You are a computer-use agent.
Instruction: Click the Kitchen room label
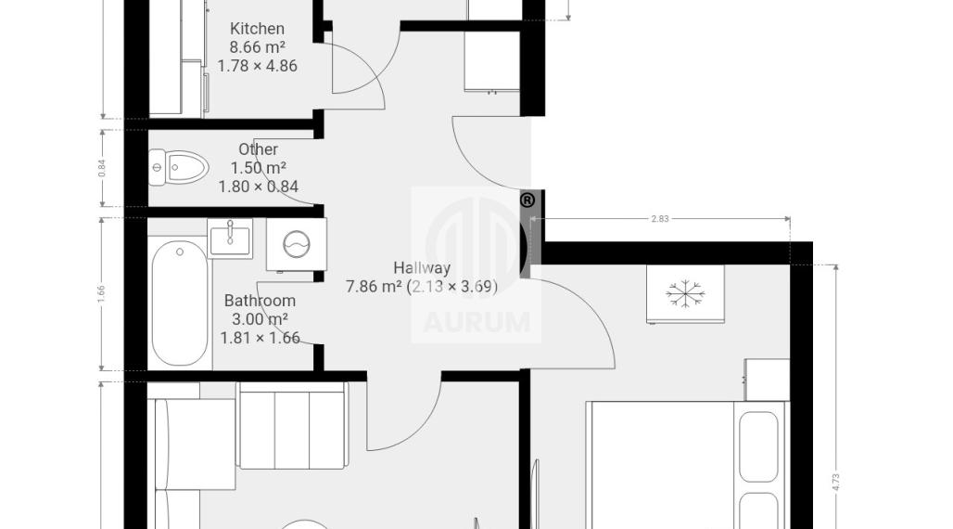click(x=257, y=29)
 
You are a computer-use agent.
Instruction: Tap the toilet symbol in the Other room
click(x=179, y=166)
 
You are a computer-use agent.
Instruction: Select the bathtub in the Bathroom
click(x=179, y=303)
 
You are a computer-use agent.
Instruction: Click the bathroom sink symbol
click(x=230, y=238)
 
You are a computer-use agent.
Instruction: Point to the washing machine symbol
click(x=297, y=245)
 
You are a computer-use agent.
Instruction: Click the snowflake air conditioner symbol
click(x=685, y=293)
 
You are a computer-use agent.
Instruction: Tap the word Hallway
click(x=422, y=267)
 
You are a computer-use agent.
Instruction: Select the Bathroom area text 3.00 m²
click(x=260, y=319)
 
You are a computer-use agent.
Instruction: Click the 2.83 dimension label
click(x=660, y=218)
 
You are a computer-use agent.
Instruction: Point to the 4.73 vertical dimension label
click(x=835, y=482)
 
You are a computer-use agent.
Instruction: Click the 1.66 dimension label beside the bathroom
click(x=101, y=294)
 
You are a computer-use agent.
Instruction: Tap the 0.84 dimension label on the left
click(x=101, y=168)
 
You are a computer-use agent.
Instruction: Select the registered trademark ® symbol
click(x=527, y=200)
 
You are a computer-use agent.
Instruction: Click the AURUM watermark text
click(x=476, y=323)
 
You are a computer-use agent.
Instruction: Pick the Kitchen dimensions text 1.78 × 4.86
click(x=258, y=66)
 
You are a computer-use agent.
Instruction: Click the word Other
click(x=259, y=149)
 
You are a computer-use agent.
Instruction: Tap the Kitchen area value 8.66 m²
click(x=257, y=47)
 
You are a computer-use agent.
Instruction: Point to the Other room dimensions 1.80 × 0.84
click(x=259, y=187)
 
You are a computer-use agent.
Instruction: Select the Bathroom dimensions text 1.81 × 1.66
click(x=260, y=338)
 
